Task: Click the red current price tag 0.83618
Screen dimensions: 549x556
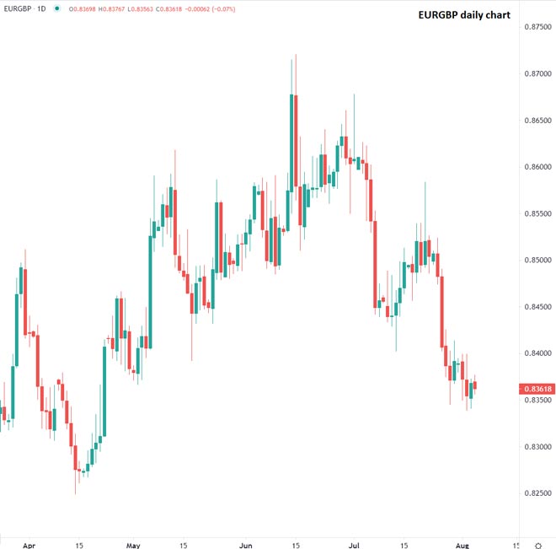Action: click(x=537, y=389)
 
